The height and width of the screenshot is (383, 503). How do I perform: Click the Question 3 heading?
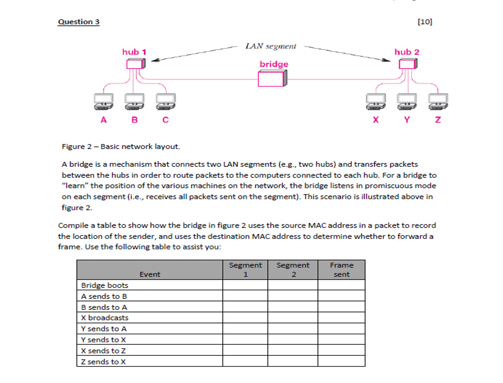point(78,22)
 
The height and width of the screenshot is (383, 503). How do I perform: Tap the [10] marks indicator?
point(425,22)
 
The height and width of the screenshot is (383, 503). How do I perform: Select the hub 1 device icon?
point(134,64)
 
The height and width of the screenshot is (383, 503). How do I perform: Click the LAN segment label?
point(270,46)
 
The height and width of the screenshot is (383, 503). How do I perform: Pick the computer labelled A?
point(103,101)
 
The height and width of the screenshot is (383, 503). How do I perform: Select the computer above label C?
point(165,101)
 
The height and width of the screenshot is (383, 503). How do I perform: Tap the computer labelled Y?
point(407,101)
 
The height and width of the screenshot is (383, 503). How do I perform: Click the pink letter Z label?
point(438,120)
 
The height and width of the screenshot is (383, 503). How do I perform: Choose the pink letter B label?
point(134,120)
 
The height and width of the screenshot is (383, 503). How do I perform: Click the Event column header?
point(150,274)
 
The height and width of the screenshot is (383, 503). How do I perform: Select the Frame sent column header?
point(341,270)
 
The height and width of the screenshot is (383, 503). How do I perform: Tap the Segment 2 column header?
point(293,270)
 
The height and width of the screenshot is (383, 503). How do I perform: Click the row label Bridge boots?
point(105,285)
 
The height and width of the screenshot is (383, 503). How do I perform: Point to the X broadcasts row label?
point(105,318)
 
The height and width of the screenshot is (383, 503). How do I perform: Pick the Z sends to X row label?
point(103,362)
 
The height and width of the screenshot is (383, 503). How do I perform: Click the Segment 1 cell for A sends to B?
point(245,296)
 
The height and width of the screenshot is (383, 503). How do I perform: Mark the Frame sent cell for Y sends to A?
point(341,329)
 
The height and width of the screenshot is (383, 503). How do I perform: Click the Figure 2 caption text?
point(121,147)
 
